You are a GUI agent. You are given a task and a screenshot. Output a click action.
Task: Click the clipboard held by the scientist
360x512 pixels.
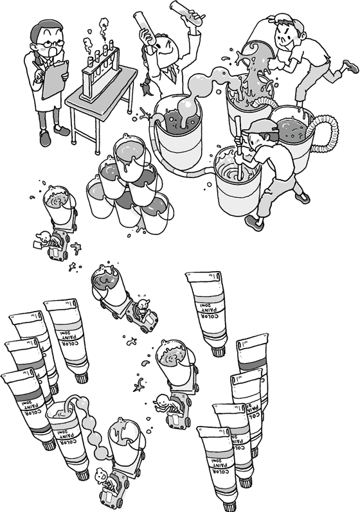point(54,78)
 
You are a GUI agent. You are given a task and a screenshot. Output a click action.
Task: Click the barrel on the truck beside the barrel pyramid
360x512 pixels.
point(59,202)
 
